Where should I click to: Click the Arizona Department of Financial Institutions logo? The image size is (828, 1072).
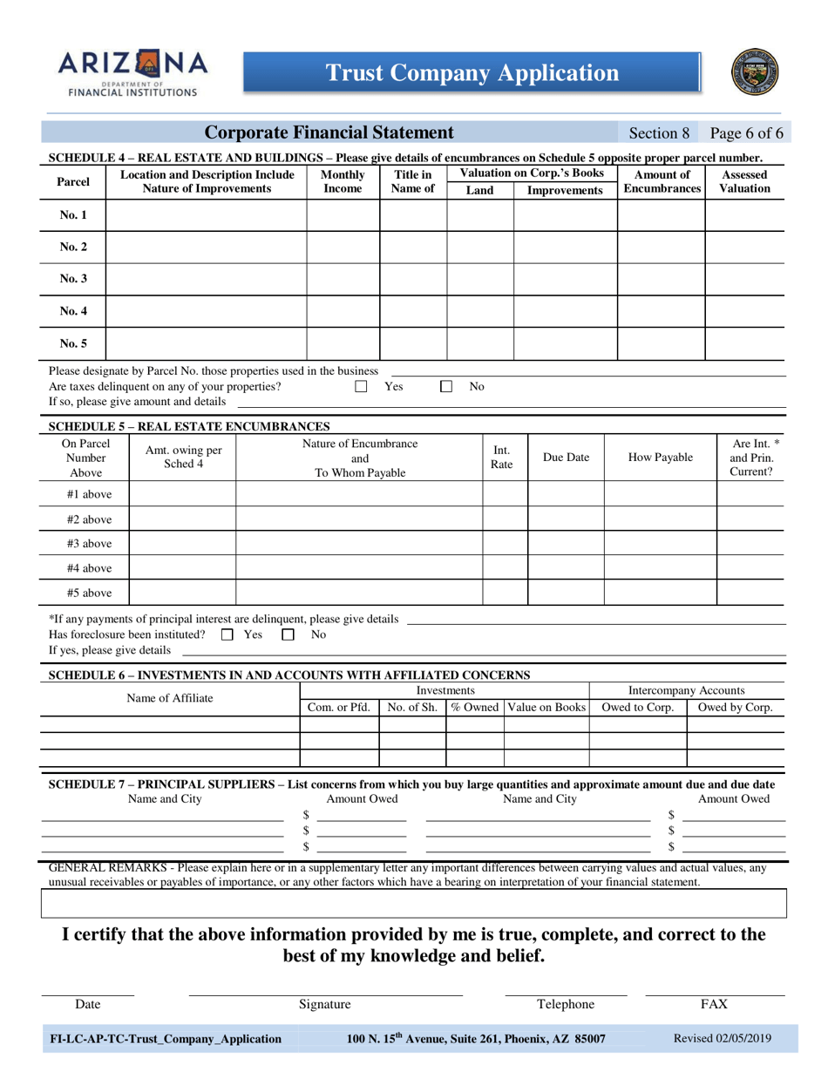point(133,72)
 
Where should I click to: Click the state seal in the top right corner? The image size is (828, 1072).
point(755,72)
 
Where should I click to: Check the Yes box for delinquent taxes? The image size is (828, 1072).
point(361,387)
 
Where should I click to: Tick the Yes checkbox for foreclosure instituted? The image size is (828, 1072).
point(227,635)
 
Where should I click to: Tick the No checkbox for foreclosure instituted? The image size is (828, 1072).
point(288,635)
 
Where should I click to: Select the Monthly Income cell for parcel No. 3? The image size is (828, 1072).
point(343,279)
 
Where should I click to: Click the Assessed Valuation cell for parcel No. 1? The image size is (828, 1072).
point(743,214)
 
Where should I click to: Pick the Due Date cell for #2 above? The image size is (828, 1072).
point(566,519)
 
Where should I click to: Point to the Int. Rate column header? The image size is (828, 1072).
point(502,458)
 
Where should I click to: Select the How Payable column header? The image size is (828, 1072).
point(660,458)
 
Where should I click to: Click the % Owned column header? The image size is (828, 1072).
point(474,708)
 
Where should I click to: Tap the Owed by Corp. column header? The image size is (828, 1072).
point(736,708)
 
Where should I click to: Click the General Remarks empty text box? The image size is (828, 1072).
point(414,904)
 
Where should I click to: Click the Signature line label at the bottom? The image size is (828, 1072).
point(325,1004)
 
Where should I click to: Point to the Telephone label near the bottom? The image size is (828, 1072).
point(566,1004)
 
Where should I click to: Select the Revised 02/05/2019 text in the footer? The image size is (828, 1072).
point(723,1038)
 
